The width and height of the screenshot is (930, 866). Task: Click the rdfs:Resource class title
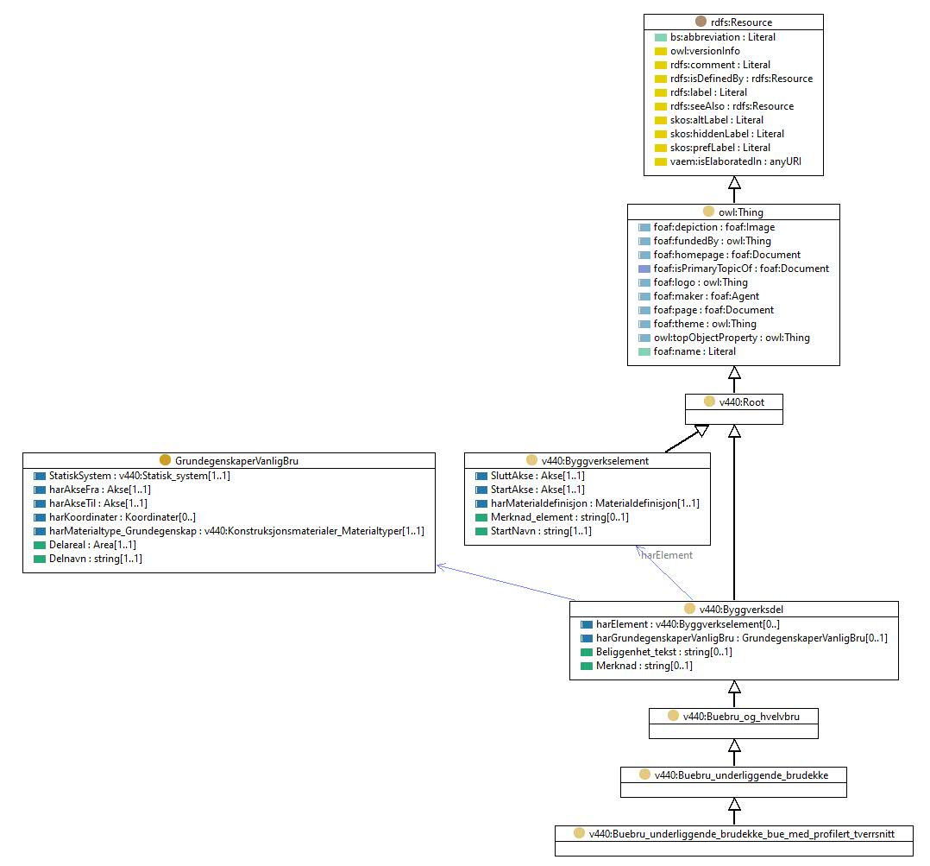click(x=741, y=22)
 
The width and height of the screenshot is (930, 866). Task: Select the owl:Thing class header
click(x=741, y=212)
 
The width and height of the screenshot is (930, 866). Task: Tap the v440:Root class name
click(x=741, y=402)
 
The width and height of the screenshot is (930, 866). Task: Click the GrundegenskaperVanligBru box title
click(x=236, y=461)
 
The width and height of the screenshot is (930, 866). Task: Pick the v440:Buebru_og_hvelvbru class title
click(x=741, y=717)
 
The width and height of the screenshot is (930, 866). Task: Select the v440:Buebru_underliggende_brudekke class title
click(x=741, y=775)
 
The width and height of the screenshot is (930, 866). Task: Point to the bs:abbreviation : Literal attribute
click(x=722, y=37)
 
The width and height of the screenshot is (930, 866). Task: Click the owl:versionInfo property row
click(x=705, y=51)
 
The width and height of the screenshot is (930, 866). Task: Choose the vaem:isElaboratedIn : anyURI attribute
click(x=735, y=161)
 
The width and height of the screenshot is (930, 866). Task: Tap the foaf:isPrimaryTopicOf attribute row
click(x=741, y=269)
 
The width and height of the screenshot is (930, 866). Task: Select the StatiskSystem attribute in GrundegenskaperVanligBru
click(x=140, y=476)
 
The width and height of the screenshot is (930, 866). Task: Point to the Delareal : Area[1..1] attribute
click(x=92, y=545)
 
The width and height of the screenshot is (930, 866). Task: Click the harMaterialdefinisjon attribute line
click(x=595, y=503)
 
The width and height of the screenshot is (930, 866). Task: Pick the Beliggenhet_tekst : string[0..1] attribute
click(x=663, y=652)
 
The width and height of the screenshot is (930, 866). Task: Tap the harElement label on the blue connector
click(x=667, y=555)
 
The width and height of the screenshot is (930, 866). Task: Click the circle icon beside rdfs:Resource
click(x=701, y=22)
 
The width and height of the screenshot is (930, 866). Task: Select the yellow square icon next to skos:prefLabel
click(x=661, y=148)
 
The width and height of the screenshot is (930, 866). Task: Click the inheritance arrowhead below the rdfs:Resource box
click(x=734, y=182)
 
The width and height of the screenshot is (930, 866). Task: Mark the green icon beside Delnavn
click(x=40, y=559)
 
